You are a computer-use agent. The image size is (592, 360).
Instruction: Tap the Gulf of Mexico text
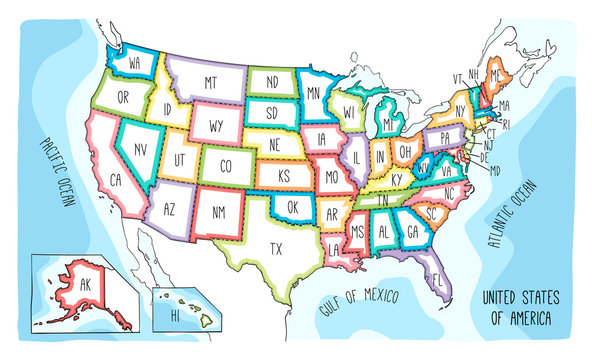[358, 301]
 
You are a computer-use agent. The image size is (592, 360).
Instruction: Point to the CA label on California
[116, 180]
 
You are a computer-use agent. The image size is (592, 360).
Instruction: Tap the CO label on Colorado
[226, 165]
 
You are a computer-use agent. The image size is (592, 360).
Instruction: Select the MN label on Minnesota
[313, 92]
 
